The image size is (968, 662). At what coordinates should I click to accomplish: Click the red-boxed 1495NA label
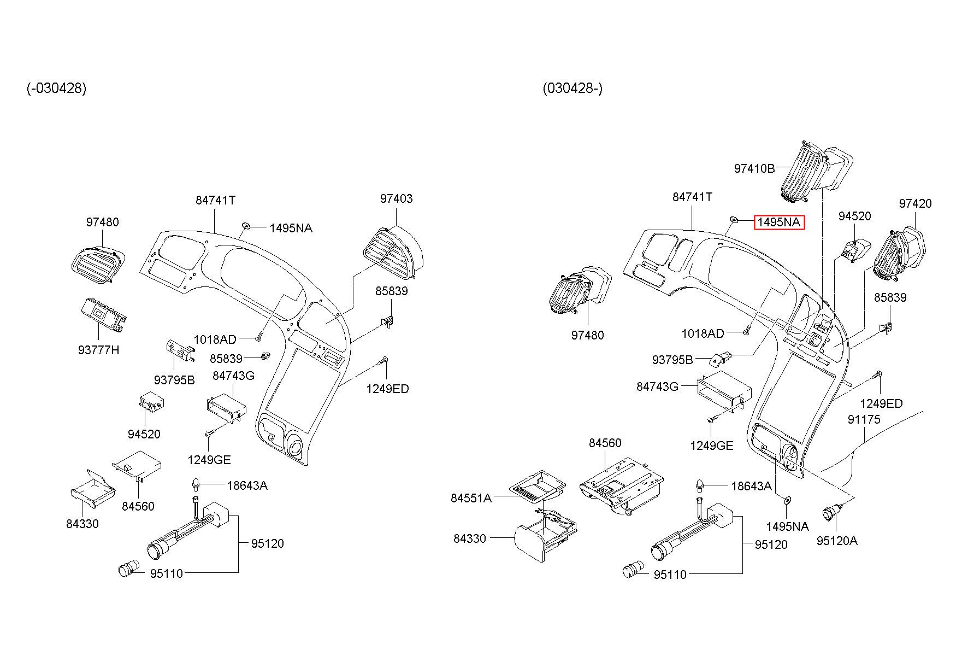pos(779,222)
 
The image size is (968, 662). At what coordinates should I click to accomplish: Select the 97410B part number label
pos(754,168)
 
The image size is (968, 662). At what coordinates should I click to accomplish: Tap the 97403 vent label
pos(396,199)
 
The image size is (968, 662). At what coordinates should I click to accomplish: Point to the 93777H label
pos(98,350)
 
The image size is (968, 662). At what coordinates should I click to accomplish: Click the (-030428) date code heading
pos(56,88)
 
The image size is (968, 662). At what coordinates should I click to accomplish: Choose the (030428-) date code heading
pos(572,88)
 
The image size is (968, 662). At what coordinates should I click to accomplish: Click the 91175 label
pos(864,419)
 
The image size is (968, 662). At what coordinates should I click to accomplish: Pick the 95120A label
pos(837,541)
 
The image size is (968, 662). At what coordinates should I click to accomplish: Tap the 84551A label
pos(471,498)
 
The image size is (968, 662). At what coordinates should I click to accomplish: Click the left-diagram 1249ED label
pos(387,389)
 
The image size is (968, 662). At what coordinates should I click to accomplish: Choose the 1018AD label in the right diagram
pos(703,333)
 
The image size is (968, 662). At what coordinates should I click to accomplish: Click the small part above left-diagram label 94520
pos(151,402)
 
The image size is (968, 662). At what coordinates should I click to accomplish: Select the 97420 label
pos(915,204)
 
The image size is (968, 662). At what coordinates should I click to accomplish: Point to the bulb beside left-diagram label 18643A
pos(195,484)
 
